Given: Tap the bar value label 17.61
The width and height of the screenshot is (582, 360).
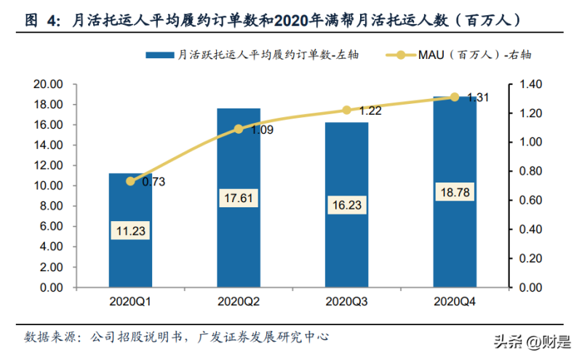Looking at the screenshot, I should [238, 198].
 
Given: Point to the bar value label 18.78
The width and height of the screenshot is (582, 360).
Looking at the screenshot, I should [454, 193].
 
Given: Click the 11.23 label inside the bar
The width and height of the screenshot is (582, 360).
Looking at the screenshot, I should [130, 231].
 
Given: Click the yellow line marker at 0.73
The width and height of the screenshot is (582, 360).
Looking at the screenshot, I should [130, 181].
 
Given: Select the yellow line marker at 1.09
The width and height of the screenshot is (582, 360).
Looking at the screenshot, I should [238, 129].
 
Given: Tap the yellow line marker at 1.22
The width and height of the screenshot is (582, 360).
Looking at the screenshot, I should [346, 110].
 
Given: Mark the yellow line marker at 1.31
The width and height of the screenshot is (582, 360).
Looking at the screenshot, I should [454, 97].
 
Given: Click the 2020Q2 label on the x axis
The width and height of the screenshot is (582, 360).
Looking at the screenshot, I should [238, 300].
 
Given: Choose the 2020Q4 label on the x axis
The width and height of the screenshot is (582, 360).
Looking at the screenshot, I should [454, 300].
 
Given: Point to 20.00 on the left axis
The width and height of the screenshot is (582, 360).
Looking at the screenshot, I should [49, 84].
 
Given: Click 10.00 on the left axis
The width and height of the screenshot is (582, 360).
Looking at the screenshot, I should [49, 186].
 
